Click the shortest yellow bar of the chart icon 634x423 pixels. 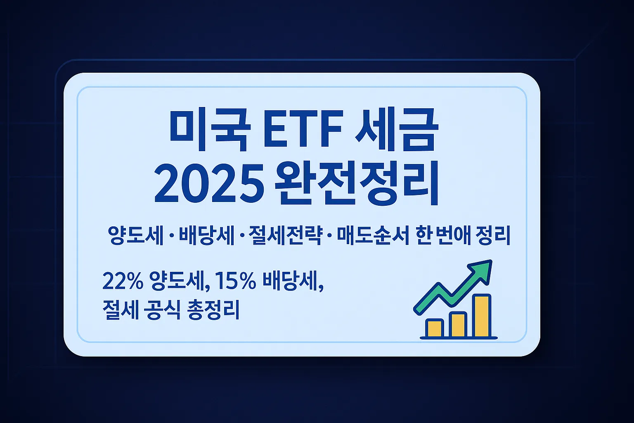tap(435, 328)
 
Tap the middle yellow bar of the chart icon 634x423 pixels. tap(458, 325)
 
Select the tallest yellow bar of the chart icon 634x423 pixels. tap(482, 316)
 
